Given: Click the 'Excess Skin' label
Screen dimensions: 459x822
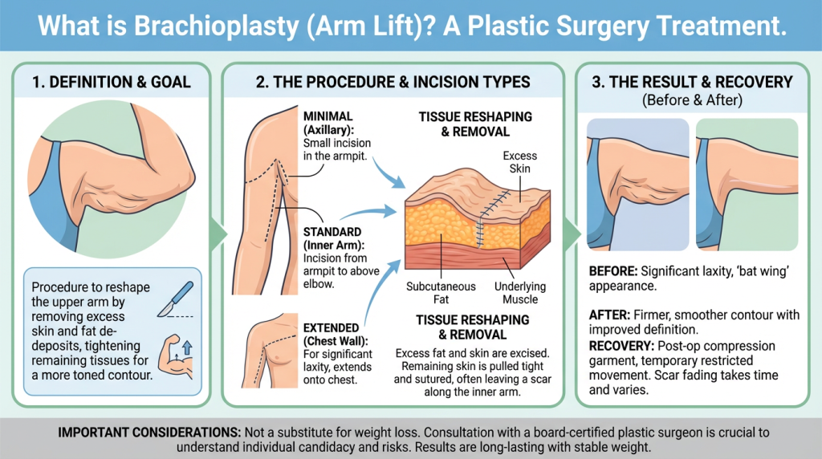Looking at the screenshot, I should (519, 162).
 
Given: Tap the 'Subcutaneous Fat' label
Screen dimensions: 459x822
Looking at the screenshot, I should (441, 293).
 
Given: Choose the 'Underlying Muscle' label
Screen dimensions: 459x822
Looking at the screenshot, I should (521, 293).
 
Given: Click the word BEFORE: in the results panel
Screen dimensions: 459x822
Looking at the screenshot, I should (614, 271).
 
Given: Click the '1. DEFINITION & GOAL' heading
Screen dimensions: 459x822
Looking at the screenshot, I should (111, 82).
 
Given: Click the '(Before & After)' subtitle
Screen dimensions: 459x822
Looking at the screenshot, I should (691, 100).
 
